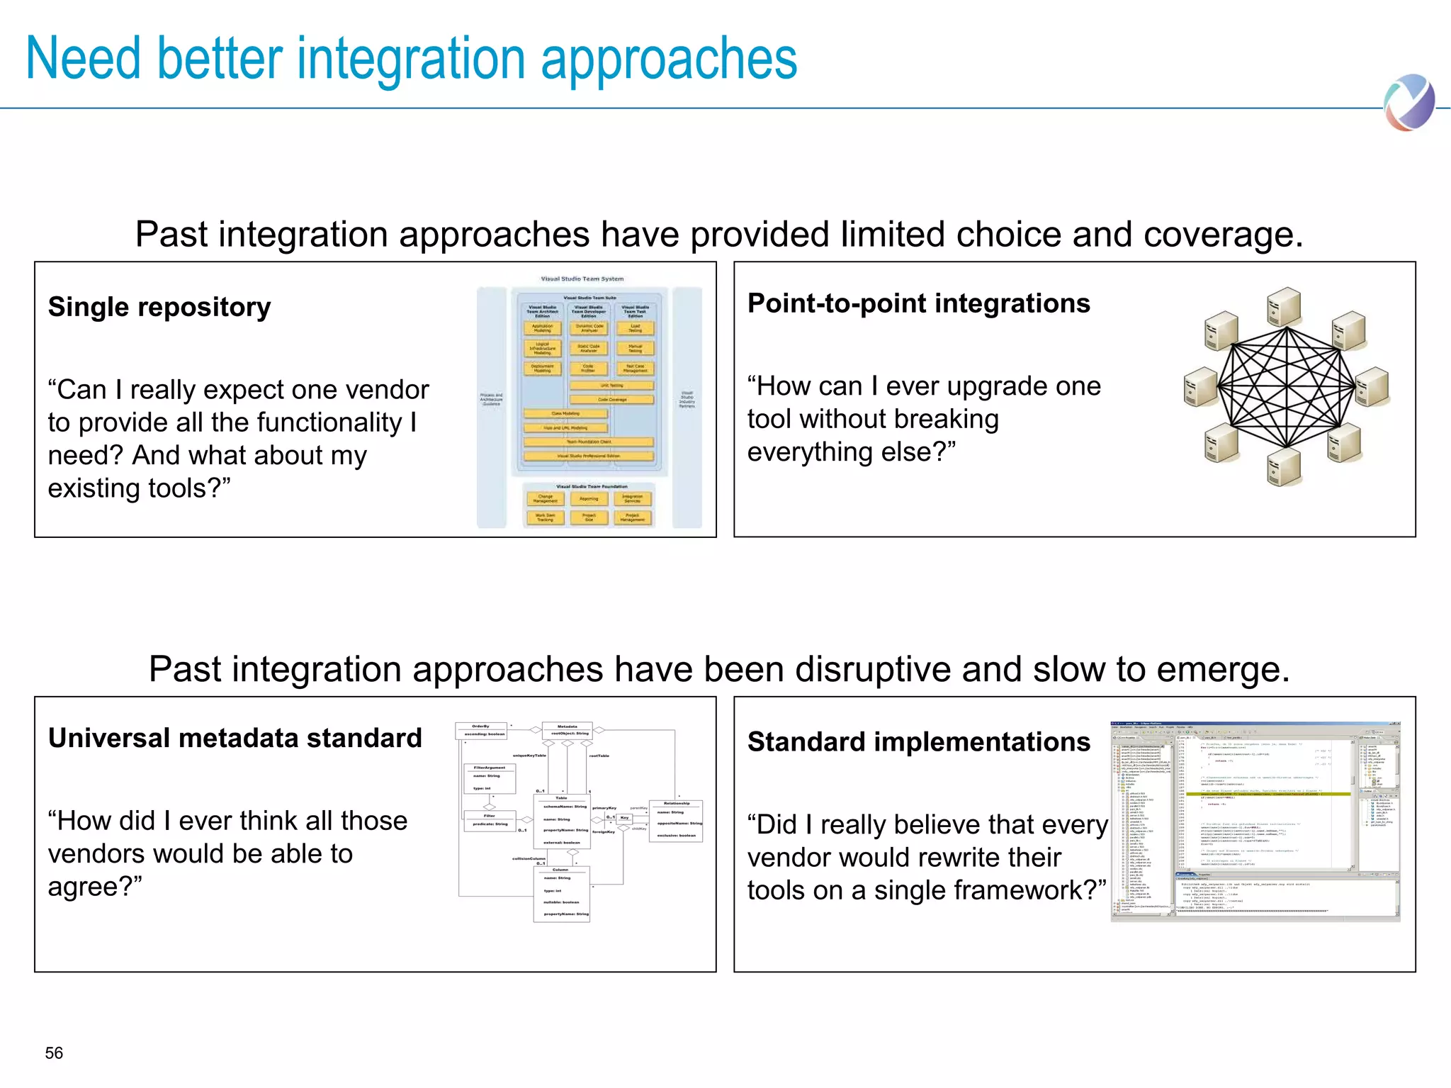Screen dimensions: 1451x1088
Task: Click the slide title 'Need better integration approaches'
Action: tap(411, 59)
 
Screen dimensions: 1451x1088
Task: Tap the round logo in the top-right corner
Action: tap(1409, 103)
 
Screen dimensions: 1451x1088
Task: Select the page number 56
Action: tap(54, 1053)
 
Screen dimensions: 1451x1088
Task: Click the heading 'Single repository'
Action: tap(159, 307)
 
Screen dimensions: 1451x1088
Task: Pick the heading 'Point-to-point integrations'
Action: tap(918, 303)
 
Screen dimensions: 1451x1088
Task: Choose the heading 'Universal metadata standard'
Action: tap(235, 738)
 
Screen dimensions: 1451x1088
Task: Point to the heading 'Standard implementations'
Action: tap(918, 742)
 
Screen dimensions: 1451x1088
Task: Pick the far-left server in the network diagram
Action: tap(1199, 387)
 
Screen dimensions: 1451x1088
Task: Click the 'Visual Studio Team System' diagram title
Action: tap(582, 279)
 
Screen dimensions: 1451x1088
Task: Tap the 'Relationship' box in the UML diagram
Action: tap(677, 820)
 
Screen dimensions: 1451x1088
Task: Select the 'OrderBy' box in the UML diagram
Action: tap(481, 730)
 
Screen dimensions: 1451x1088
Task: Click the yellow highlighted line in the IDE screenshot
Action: tap(1268, 794)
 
